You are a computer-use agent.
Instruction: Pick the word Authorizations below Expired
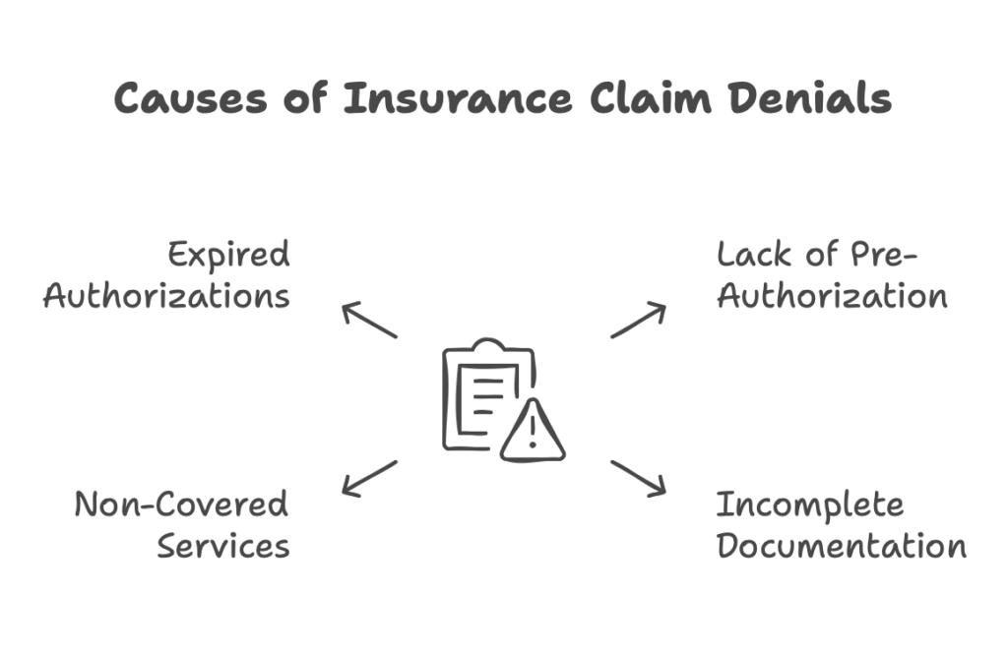click(x=166, y=297)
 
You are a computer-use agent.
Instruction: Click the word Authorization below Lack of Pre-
click(x=833, y=298)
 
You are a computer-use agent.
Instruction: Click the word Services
click(x=221, y=543)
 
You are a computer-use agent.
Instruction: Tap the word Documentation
click(x=840, y=543)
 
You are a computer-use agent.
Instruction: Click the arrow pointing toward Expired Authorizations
click(x=369, y=324)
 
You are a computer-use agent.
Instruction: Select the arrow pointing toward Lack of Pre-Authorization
click(x=638, y=323)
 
